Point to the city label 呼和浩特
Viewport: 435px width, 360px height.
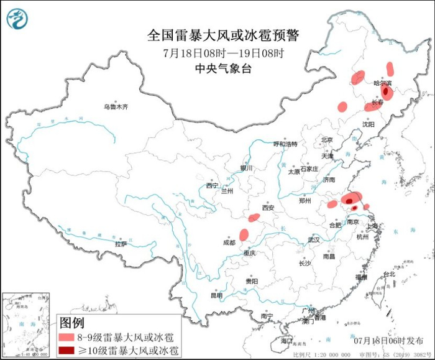click(285, 144)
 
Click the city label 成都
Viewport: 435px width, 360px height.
click(228, 242)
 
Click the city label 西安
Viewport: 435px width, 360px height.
click(268, 208)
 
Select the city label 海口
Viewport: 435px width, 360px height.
click(285, 341)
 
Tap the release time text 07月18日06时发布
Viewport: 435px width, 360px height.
click(386, 341)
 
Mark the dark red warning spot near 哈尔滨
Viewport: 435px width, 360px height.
click(386, 92)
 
